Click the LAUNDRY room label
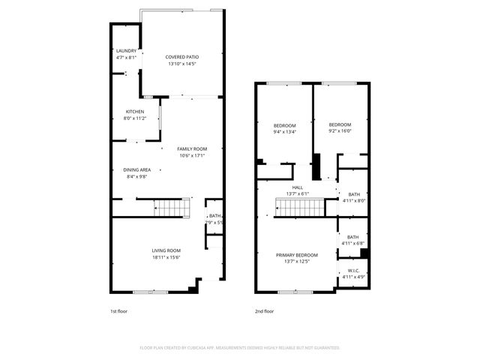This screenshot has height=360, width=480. (126, 51)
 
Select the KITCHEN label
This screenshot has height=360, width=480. (135, 112)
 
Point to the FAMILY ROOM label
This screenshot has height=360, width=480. (191, 148)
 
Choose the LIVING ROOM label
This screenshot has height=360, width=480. (166, 250)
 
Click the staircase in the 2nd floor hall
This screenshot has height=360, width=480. (300, 206)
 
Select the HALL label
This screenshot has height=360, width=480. (297, 187)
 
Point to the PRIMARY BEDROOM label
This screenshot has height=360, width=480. (297, 255)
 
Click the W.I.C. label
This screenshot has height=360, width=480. (353, 271)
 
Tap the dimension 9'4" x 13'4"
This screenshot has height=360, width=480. (284, 132)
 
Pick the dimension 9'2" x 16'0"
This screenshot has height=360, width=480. (340, 131)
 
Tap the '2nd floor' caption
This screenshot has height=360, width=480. (264, 311)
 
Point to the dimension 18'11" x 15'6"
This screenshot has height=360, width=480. (166, 257)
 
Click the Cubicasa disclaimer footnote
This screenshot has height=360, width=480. (240, 348)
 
